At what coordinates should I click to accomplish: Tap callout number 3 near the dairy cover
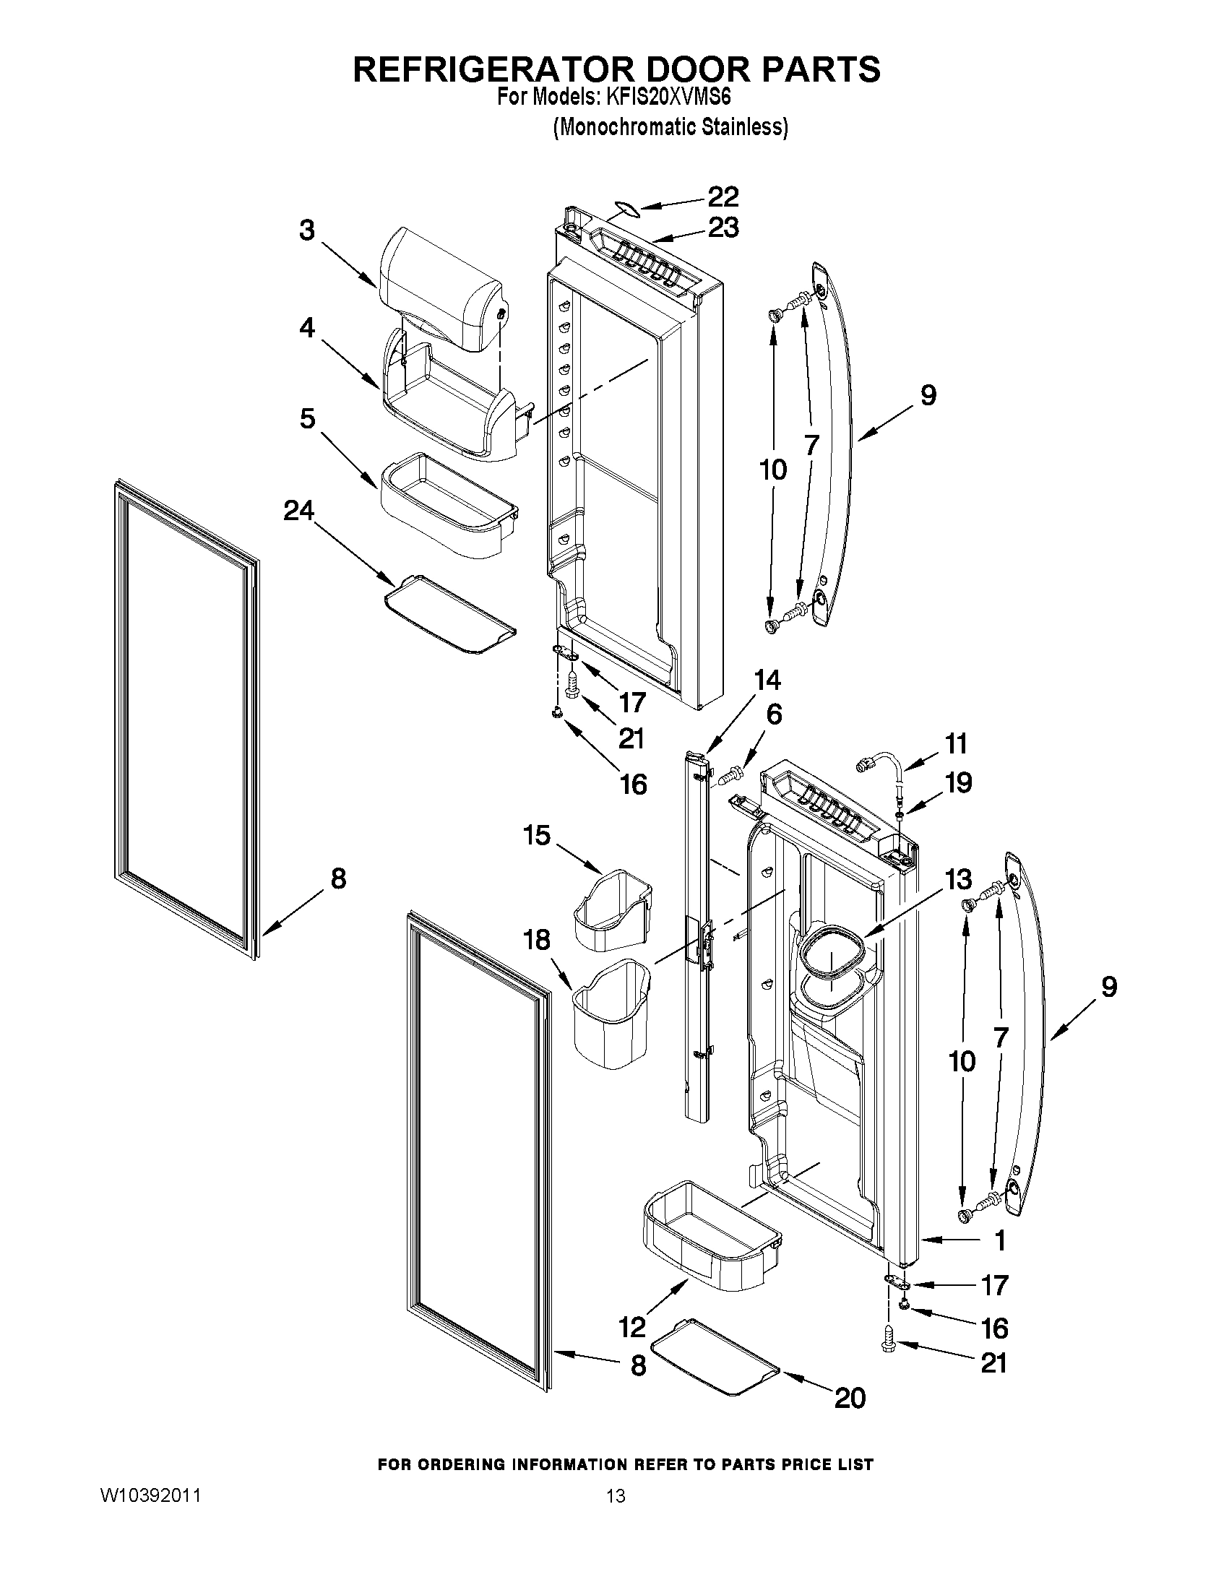pyautogui.click(x=307, y=230)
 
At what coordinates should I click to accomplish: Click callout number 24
pyautogui.click(x=298, y=511)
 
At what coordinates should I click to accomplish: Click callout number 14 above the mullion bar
pyautogui.click(x=767, y=680)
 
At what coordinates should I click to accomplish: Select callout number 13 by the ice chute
pyautogui.click(x=958, y=879)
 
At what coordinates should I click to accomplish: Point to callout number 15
pyautogui.click(x=537, y=835)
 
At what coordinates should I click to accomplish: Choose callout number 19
pyautogui.click(x=958, y=782)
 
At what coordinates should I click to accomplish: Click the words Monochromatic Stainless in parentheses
pyautogui.click(x=670, y=127)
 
